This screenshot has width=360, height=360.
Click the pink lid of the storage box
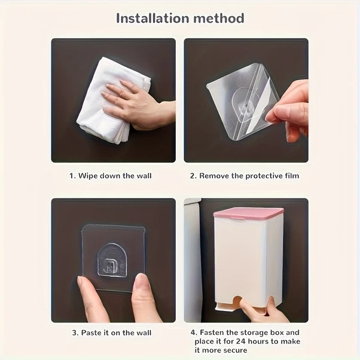[x=249, y=213]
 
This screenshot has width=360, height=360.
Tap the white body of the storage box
[x=249, y=257]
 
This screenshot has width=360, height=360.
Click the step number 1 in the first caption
[x=72, y=176]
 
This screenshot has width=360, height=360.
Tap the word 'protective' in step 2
[x=261, y=176]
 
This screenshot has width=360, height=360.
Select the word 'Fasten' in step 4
[x=213, y=332]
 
